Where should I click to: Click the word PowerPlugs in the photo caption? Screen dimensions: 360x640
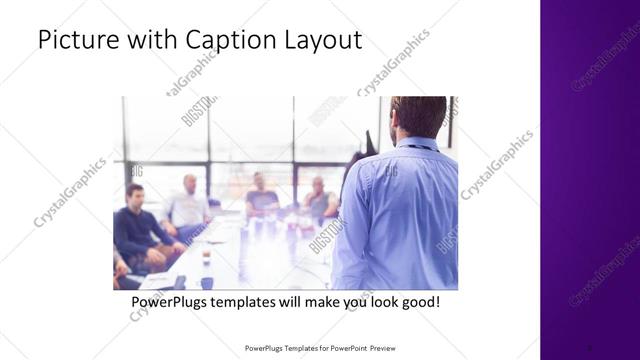(x=173, y=301)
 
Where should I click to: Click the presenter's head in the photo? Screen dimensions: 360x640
(x=417, y=116)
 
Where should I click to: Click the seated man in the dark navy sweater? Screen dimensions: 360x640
(x=136, y=225)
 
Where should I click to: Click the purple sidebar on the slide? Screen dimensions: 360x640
(x=590, y=180)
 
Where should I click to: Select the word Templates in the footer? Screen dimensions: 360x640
(x=294, y=348)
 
